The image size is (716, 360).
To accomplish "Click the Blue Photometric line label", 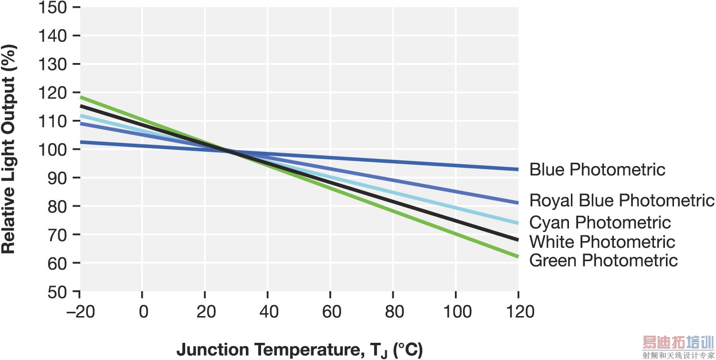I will coord(597,169).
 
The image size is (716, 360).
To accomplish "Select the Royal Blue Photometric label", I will coord(621,201).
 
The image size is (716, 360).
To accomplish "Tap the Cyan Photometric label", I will coord(600,222).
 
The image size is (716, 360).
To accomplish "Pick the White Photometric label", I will coord(602,242).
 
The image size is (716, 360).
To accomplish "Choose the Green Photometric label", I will coord(603,261).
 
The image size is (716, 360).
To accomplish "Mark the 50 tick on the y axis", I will coord(57,291).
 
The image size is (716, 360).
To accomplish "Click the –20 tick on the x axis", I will coord(79,312).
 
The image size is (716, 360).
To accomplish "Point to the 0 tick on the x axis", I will coord(142,312).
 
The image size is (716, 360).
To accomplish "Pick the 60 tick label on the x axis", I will coord(331,312).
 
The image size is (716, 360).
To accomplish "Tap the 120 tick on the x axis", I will coord(518,312).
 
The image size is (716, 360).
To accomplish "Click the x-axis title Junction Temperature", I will coord(299,350).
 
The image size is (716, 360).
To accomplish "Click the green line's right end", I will coord(517,256).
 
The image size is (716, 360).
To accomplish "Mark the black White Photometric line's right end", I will coord(517,239).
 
